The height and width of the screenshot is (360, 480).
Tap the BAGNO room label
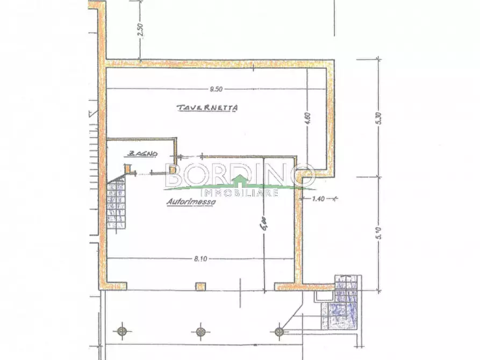(142, 154)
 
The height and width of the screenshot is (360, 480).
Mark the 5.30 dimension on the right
(380, 118)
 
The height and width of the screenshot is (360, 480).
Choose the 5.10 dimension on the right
(380, 234)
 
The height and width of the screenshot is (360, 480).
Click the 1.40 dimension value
(319, 199)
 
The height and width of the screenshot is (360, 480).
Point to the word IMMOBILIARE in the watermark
(239, 192)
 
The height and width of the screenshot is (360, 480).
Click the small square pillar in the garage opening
(200, 286)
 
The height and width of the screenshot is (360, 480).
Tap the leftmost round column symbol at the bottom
(123, 330)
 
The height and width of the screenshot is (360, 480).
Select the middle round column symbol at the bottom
(200, 330)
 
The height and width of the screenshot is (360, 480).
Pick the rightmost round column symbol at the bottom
(278, 330)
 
